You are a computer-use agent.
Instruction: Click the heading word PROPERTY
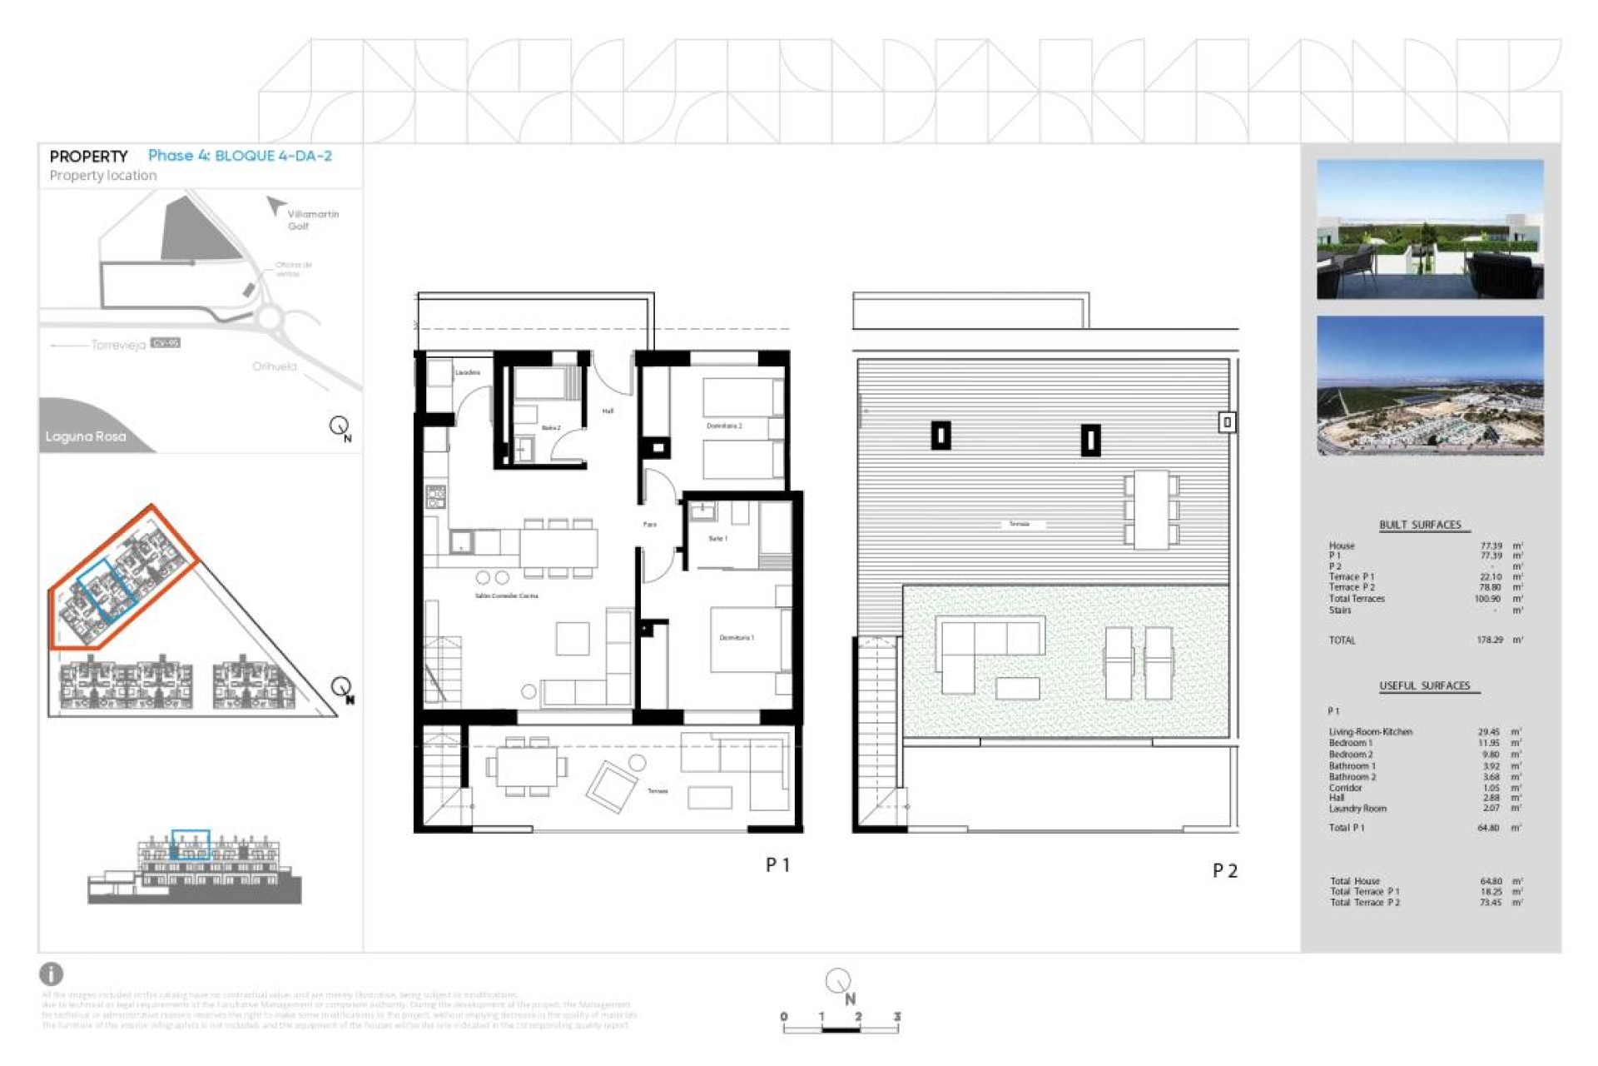[x=88, y=157]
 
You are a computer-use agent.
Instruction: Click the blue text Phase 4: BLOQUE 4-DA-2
[x=240, y=156]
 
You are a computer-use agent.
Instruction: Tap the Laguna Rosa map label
[x=86, y=436]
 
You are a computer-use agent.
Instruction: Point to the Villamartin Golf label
[x=312, y=220]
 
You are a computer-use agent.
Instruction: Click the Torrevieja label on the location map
[x=118, y=345]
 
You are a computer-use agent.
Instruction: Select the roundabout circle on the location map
[x=269, y=317]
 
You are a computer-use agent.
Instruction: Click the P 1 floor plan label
[x=777, y=865]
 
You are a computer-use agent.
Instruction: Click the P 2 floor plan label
[x=1224, y=871]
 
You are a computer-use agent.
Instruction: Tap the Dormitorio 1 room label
[x=737, y=638]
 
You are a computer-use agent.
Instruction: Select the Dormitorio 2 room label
[x=724, y=426]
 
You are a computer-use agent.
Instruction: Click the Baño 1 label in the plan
[x=717, y=539]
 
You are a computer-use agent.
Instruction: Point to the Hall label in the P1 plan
[x=608, y=411]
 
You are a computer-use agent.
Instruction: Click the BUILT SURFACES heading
[x=1420, y=525]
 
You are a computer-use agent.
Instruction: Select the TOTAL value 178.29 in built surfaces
[x=1490, y=640]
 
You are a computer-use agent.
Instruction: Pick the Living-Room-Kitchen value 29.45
[x=1488, y=732]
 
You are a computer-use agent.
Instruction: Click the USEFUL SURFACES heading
[x=1424, y=686]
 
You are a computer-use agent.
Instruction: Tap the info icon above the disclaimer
[x=51, y=974]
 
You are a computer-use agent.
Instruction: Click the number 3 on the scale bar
[x=896, y=1017]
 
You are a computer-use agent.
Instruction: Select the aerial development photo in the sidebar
[x=1429, y=386]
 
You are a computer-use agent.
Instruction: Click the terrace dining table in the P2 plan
[x=1151, y=509]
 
